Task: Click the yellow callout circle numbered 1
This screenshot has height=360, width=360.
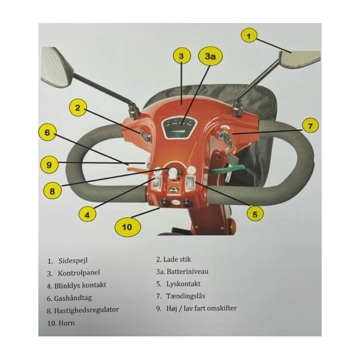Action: [249, 36]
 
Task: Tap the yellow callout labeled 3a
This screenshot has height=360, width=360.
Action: [211, 56]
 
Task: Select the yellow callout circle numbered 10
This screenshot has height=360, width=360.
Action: [127, 227]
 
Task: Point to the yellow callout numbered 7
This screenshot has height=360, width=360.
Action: [310, 126]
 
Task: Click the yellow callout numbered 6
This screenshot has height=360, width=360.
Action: [47, 132]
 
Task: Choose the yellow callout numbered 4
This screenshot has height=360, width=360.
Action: [87, 215]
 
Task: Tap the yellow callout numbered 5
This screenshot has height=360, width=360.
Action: [255, 214]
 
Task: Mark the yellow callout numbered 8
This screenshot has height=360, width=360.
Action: [52, 191]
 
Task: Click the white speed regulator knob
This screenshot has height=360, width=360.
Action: [173, 172]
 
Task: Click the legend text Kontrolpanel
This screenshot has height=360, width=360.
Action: [78, 273]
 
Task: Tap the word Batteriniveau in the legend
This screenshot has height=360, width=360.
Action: [187, 271]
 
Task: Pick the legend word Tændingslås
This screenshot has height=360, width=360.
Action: [185, 296]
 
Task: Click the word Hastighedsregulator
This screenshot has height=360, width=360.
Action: [86, 310]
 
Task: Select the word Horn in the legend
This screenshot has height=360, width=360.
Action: [67, 323]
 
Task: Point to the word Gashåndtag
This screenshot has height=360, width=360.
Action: [73, 298]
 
